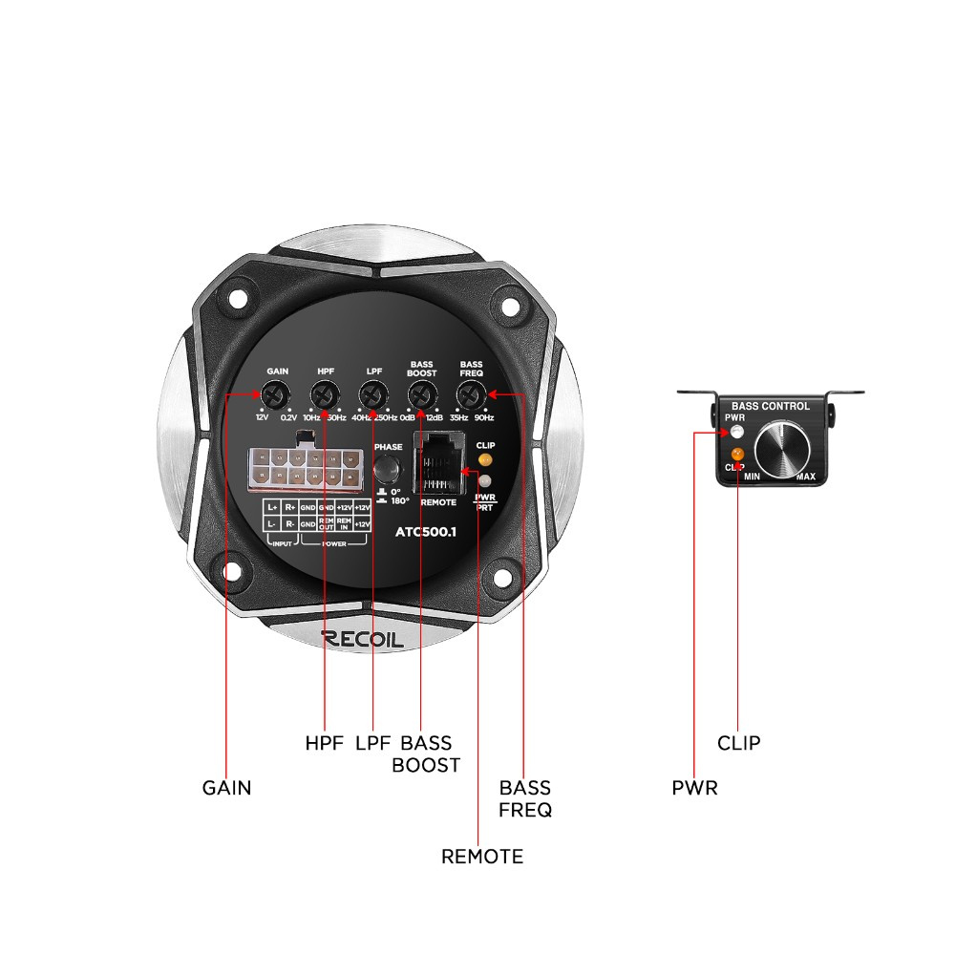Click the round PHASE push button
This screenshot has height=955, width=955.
pyautogui.click(x=387, y=468)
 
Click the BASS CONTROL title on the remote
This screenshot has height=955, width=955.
pyautogui.click(x=770, y=406)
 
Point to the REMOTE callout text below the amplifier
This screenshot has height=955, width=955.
pyautogui.click(x=482, y=857)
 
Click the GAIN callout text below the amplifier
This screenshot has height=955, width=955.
pyautogui.click(x=227, y=789)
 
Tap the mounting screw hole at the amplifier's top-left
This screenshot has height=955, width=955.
pyautogui.click(x=236, y=303)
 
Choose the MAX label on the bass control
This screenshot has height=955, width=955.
pyautogui.click(x=805, y=476)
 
